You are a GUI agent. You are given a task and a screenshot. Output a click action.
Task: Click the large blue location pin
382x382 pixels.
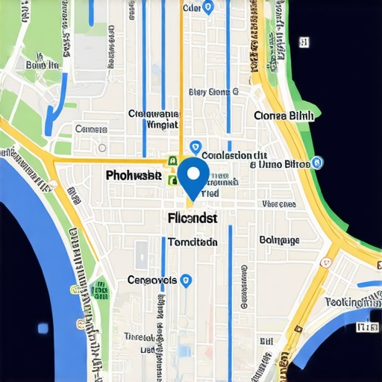tap(194, 178)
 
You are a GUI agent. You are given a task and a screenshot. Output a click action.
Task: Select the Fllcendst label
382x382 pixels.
tap(189, 219)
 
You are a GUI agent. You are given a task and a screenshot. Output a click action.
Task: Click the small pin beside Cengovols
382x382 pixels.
tap(187, 280)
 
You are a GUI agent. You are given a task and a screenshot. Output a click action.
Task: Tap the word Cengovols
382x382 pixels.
tap(152, 281)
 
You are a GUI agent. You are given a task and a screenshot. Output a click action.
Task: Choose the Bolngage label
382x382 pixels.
tap(279, 240)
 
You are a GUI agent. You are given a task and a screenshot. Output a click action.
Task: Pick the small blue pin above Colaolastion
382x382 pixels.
tap(195, 146)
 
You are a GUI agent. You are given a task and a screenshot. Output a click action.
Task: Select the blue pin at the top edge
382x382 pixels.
tap(208, 7)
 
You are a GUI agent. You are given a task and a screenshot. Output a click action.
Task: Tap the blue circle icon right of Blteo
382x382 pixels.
tap(317, 162)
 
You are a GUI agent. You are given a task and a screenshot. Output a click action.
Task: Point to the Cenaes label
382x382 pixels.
tap(92, 129)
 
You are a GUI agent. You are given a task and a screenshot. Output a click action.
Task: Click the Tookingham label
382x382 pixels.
tap(353, 301)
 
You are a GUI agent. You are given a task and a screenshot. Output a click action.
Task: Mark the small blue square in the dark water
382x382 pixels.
tap(43, 328)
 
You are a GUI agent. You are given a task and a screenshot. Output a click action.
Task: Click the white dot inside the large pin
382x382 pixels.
tap(194, 173)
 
